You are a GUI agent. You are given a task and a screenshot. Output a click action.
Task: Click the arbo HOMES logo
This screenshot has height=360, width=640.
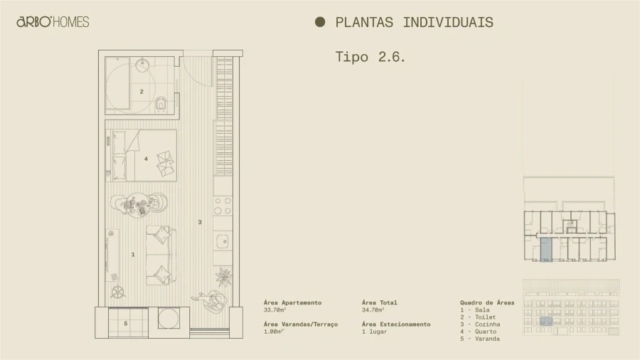53,22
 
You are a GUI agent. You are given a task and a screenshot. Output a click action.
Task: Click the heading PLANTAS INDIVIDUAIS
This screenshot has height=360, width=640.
414,22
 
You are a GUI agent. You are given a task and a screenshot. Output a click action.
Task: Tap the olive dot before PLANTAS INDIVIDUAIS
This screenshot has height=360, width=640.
320,22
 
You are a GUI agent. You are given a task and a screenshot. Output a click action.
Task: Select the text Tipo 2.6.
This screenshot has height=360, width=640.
370,57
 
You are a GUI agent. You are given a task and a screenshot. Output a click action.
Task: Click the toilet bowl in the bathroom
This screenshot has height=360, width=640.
161,105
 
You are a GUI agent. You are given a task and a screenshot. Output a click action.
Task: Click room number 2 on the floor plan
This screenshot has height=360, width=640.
142,91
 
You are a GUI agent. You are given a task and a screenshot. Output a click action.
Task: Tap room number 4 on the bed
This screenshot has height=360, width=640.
146,159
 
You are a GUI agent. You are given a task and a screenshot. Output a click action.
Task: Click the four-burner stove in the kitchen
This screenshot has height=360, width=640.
223,206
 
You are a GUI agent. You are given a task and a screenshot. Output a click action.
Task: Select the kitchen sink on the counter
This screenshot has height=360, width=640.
223,240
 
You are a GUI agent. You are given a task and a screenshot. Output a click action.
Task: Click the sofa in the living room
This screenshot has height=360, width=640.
160,255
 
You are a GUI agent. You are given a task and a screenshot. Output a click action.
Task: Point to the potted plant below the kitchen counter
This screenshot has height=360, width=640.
224,275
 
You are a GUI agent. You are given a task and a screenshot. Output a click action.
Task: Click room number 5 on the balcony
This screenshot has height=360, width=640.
126,324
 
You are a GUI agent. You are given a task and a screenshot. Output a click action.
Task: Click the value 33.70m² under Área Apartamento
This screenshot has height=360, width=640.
274,310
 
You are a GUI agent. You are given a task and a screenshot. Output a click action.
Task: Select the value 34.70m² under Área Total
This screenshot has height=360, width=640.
373,310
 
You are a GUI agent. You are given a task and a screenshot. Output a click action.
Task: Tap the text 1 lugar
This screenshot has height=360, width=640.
374,332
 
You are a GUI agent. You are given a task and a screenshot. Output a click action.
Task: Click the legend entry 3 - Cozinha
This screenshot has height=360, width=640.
480,324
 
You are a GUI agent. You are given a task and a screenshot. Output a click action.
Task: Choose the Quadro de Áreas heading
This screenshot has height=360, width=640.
487,302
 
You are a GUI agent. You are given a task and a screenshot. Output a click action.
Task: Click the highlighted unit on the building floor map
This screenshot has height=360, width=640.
545,249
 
